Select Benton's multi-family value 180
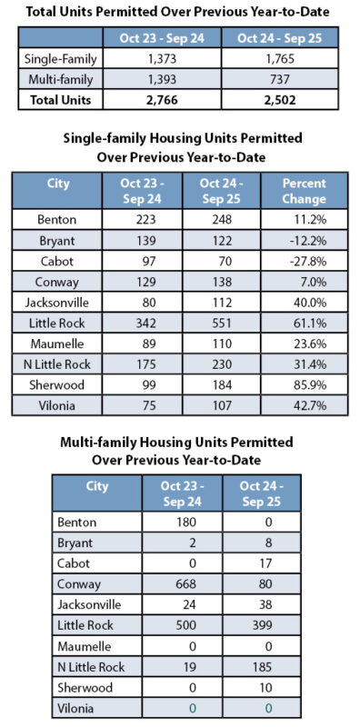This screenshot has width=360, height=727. point(182,523)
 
